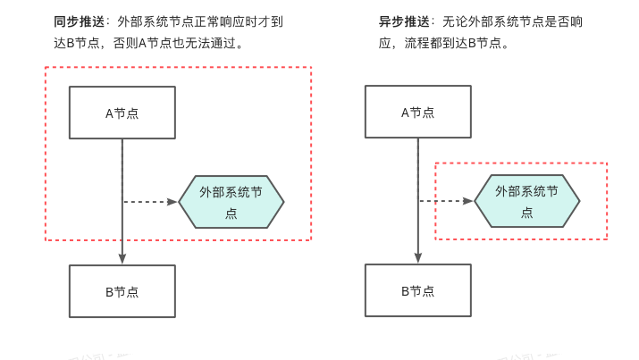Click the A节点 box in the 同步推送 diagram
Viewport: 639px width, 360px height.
click(122, 113)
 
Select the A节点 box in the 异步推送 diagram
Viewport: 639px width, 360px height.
click(417, 113)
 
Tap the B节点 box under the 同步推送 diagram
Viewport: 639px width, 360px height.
click(122, 291)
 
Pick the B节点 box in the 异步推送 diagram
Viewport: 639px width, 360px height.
click(417, 291)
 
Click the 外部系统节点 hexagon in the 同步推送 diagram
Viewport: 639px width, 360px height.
click(231, 202)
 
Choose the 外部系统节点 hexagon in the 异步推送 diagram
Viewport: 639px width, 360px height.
click(526, 202)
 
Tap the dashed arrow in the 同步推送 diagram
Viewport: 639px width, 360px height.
click(147, 202)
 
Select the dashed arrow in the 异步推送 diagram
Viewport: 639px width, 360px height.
click(444, 202)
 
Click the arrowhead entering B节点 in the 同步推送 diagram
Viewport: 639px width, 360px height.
click(122, 258)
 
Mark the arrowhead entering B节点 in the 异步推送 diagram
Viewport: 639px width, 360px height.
click(417, 258)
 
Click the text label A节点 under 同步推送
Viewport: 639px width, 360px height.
click(122, 113)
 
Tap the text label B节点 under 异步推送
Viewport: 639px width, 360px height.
click(417, 291)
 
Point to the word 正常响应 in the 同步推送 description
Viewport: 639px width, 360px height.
click(220, 21)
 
